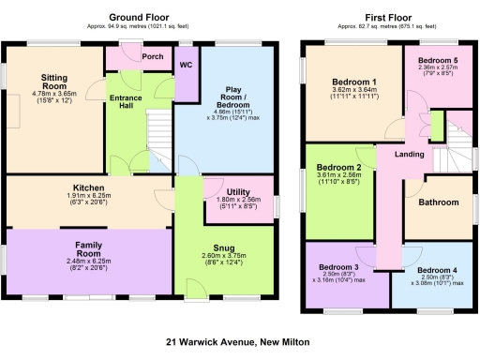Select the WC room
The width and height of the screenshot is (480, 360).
pyautogui.click(x=186, y=66)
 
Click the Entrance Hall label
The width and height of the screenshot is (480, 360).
pyautogui.click(x=125, y=101)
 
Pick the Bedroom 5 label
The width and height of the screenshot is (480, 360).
pyautogui.click(x=437, y=60)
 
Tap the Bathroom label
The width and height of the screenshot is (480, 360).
pyautogui.click(x=438, y=202)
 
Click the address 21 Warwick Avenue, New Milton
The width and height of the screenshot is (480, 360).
pyautogui.click(x=238, y=342)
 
